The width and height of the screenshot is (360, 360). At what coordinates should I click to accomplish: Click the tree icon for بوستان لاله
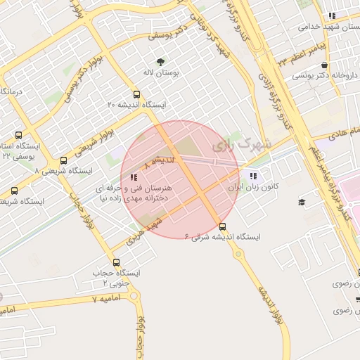pyautogui.click(x=161, y=61)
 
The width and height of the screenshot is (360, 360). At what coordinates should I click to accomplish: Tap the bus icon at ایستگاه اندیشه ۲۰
pyautogui.click(x=136, y=94)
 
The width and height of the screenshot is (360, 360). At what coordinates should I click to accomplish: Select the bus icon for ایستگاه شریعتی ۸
pyautogui.click(x=65, y=160)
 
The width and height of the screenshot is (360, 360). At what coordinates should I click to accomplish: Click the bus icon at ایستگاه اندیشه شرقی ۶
pyautogui.click(x=224, y=226)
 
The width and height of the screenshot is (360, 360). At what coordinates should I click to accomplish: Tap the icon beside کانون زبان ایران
pyautogui.click(x=252, y=176)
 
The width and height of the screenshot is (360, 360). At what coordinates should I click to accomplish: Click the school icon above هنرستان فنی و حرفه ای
pyautogui.click(x=134, y=176)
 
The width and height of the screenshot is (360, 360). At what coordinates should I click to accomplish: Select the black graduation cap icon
pyautogui.click(x=302, y=202)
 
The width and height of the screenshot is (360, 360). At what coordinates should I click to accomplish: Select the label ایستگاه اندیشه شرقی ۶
pyautogui.click(x=224, y=238)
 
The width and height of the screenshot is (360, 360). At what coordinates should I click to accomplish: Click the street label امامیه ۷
pyautogui.click(x=106, y=298)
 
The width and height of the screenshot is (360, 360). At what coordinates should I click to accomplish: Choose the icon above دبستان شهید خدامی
pyautogui.click(x=332, y=15)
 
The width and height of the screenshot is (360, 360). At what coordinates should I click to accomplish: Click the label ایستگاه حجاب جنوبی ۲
pyautogui.click(x=117, y=277)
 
